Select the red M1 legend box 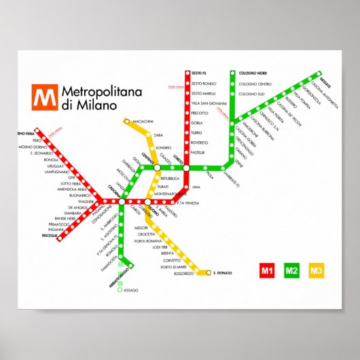point(267,272)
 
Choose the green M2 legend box point(292,272)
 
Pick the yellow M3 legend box point(317,272)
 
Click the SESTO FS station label point(200,73)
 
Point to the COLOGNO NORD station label point(252,73)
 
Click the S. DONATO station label point(222,274)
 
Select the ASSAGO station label point(130,290)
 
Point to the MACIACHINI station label point(144,122)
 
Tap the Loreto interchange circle point(186,167)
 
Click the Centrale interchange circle point(157,167)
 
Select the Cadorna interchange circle point(122,202)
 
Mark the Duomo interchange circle point(147,202)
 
